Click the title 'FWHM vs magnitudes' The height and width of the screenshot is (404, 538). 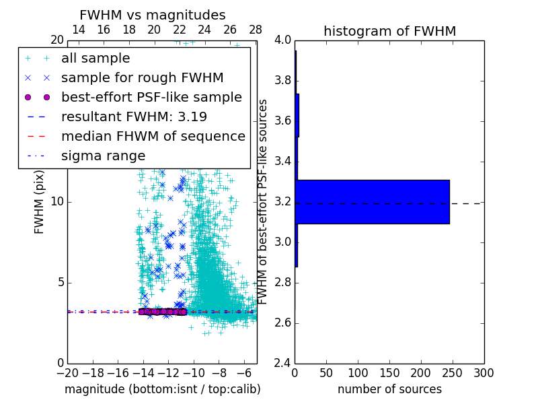[153, 15]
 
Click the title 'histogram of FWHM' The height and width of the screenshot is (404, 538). [389, 31]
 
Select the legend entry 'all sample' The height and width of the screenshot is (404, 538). [95, 59]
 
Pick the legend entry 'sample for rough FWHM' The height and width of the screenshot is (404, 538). [142, 77]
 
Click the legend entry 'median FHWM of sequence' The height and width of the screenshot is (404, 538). [153, 136]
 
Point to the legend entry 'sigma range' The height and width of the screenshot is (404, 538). [103, 156]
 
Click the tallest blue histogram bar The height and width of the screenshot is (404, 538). [372, 201]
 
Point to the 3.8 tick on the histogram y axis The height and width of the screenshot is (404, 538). [282, 80]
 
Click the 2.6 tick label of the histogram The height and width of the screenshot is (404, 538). [282, 323]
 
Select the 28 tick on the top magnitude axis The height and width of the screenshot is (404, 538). [256, 30]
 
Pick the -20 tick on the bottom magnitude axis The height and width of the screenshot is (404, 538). [67, 372]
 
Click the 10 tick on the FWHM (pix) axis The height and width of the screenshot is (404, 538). [58, 201]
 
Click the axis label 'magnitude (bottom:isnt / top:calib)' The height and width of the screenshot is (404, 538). [162, 389]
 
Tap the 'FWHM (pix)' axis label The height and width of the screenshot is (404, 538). [40, 202]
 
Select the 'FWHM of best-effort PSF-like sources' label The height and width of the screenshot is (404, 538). [264, 201]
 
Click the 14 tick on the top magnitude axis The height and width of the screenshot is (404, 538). [79, 30]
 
